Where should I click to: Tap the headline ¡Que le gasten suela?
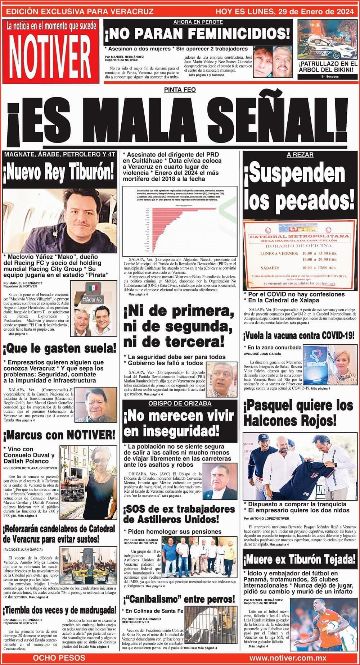pos(59,348)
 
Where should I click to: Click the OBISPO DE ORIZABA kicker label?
pos(180,403)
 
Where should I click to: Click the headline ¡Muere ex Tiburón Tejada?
pos(300,560)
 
